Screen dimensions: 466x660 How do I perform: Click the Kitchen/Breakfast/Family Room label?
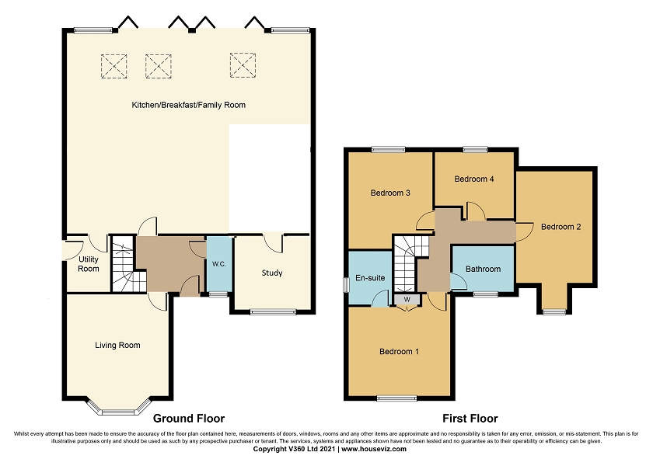coord(189,105)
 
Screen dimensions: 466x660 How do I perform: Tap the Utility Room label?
coord(89,264)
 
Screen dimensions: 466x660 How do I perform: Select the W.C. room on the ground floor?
coord(218,264)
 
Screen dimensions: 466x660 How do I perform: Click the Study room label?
coord(272,273)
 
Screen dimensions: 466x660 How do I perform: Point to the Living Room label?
coord(117,345)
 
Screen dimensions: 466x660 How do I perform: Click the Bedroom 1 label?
coord(399,352)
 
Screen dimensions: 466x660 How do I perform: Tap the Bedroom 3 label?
coord(390,193)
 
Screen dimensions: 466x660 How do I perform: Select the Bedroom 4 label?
coord(474,179)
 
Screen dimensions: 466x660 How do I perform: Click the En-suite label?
coord(368,276)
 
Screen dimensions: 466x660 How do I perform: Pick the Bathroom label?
coord(483,269)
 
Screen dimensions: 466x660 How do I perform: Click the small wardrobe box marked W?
coord(406,299)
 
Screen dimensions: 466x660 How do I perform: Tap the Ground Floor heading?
coord(184,418)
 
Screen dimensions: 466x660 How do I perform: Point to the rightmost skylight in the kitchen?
coord(243,63)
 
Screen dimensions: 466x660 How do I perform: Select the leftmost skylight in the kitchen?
coord(114,63)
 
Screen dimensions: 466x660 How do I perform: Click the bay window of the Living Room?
coord(118,407)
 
